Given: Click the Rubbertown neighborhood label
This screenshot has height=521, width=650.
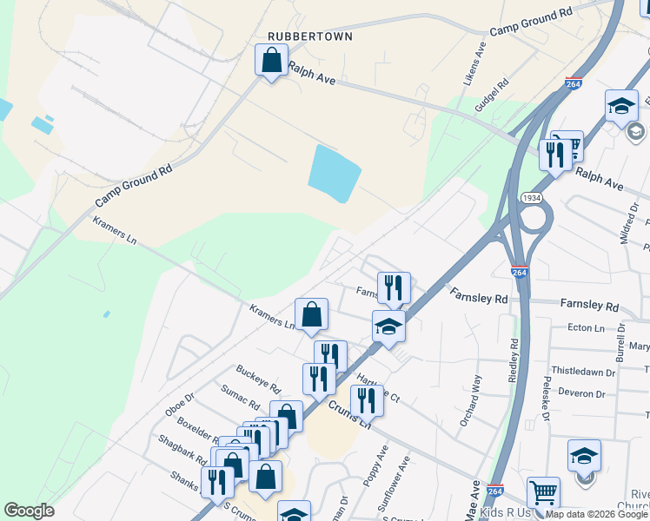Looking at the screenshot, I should coord(310,36).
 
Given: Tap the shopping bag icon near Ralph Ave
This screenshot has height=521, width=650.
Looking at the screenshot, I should coord(271,61).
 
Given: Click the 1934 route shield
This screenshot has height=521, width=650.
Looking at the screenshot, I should coord(533,198).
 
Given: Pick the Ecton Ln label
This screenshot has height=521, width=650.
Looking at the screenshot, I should coord(585,328).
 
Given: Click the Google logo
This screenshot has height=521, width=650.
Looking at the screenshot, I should coord(29,510).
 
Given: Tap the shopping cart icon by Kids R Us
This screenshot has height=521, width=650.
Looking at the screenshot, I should coord(543,492).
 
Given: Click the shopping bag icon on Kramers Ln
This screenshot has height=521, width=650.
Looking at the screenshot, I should coord(311,315).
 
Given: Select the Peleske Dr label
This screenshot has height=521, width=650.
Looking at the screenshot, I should coord(547,399).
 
